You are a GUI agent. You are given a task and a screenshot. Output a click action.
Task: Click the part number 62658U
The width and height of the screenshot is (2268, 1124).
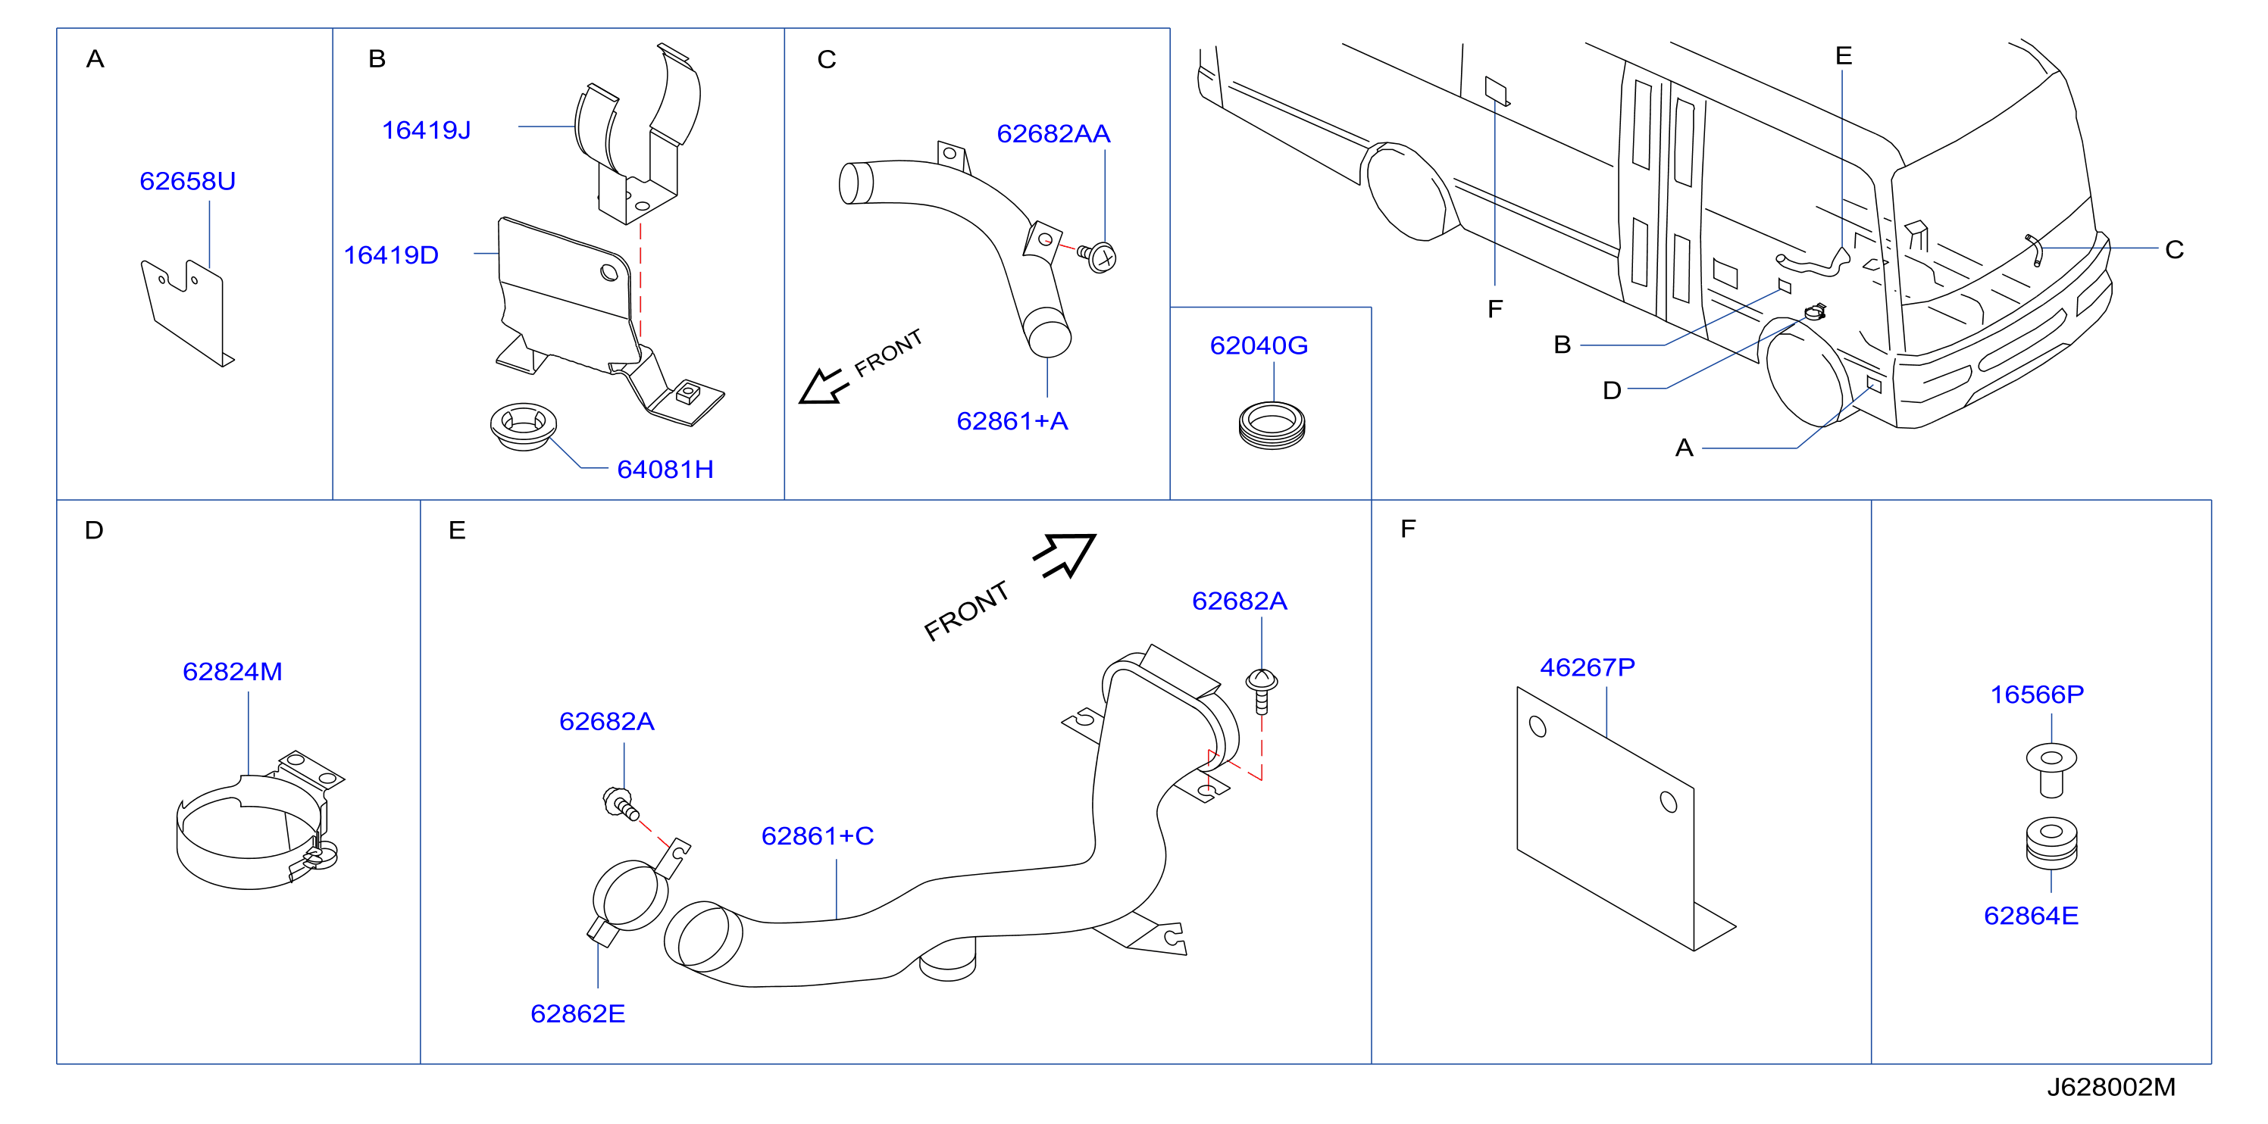[187, 181]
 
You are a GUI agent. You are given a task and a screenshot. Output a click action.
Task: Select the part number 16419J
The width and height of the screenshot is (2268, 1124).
[426, 130]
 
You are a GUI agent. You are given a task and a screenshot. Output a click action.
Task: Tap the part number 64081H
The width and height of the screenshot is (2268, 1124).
[665, 469]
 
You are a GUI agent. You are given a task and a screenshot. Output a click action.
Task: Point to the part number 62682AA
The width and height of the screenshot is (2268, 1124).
[1053, 134]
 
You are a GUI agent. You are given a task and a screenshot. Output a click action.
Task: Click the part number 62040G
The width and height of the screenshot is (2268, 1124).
[1258, 346]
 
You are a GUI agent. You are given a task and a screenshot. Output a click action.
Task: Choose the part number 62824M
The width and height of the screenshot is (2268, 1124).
[233, 672]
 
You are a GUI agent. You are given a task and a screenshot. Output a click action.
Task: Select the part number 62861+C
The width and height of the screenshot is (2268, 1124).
[817, 836]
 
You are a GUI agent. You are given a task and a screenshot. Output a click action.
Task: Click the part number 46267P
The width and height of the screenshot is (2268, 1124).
[1587, 667]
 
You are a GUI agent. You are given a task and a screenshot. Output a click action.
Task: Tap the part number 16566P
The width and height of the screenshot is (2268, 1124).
[2036, 695]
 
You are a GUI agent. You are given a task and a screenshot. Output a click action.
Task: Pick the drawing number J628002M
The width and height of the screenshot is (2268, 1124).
[2110, 1087]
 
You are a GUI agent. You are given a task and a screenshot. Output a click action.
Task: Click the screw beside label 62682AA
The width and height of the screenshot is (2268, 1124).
[1098, 256]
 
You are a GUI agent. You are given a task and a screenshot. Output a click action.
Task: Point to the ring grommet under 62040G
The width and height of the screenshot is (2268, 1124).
[1272, 425]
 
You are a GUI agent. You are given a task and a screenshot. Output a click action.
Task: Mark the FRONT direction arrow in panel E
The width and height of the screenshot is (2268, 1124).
[1065, 554]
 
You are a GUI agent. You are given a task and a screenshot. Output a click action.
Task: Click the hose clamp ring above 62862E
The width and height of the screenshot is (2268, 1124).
[630, 896]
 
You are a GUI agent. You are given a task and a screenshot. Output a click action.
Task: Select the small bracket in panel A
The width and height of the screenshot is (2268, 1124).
[187, 311]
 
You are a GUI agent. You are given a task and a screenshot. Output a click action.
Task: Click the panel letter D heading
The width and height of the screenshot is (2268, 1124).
[94, 530]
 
